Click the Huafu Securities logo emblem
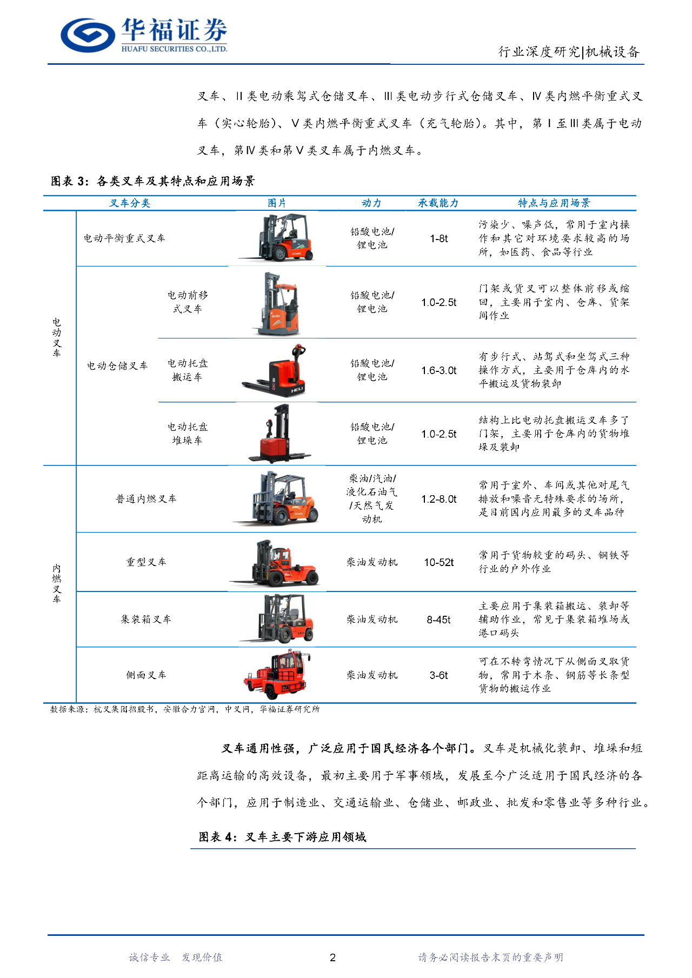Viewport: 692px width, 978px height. point(88,35)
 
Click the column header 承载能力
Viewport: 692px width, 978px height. point(438,203)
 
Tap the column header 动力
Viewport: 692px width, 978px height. point(371,203)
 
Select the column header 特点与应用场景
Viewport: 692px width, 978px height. point(554,203)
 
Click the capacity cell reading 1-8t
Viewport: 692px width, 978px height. point(439,238)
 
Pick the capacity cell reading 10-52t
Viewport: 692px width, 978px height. point(439,562)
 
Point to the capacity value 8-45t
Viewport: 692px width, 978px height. point(438,620)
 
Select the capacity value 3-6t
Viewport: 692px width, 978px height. point(439,675)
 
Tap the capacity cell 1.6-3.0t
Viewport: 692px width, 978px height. point(439,370)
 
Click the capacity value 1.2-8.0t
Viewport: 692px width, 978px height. point(439,499)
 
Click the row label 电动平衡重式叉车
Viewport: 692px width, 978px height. point(124,238)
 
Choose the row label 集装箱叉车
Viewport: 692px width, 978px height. point(146,620)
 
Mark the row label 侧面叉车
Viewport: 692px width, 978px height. point(146,675)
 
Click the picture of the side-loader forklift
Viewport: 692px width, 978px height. point(276,674)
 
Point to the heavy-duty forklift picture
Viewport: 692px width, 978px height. point(276,563)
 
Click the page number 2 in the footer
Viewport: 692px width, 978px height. point(332,957)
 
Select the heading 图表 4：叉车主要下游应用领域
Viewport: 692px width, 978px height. point(282,837)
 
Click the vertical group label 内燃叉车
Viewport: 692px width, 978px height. point(57,583)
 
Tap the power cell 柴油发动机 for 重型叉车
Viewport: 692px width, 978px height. point(372,562)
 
